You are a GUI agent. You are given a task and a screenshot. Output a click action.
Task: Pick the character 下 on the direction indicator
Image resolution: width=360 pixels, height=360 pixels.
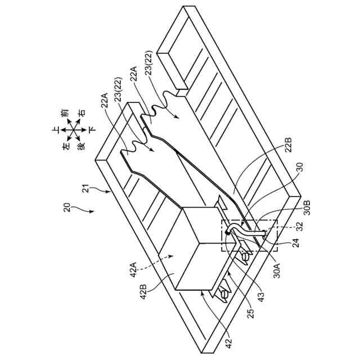(x=92, y=129)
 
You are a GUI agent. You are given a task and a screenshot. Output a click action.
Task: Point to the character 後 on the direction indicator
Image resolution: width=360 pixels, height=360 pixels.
(x=81, y=146)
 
